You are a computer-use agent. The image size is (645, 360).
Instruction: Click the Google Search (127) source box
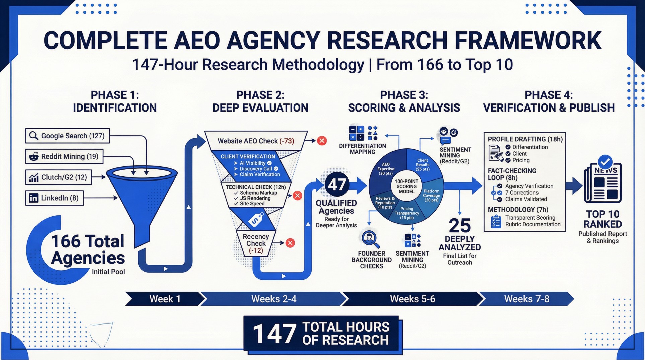point(67,136)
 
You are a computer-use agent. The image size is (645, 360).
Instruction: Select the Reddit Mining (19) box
point(64,157)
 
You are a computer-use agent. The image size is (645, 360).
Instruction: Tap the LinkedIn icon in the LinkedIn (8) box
point(33,198)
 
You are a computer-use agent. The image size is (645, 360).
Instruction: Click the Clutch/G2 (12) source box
point(58,177)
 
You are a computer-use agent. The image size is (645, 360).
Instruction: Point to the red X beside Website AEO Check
point(322,141)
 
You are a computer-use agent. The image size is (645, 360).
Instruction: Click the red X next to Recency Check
point(290,243)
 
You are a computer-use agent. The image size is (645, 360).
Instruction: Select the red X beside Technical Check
point(297,196)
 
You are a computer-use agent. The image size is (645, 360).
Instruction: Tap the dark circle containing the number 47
point(337,185)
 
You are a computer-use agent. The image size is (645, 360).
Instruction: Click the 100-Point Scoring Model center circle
point(406,187)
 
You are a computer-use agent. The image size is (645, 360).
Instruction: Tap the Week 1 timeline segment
point(165,299)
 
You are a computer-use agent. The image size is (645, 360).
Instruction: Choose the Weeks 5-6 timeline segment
point(413,299)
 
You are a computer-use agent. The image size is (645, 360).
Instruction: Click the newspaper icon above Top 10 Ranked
point(603,183)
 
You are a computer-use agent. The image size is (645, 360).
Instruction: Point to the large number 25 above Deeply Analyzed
point(459,226)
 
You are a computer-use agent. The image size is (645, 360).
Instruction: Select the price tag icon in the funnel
point(256,220)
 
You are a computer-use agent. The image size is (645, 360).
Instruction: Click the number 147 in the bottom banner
point(275,334)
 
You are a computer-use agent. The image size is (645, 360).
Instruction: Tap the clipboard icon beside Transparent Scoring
point(496,222)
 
